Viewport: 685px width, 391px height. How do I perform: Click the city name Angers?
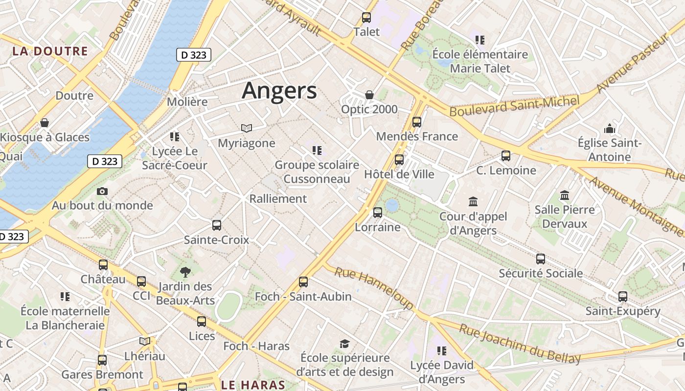[x=279, y=91]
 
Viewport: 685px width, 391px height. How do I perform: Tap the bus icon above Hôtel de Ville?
[x=399, y=160]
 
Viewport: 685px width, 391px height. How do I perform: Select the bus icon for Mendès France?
[x=417, y=122]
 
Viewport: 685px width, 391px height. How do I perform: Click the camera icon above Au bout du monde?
[x=102, y=191]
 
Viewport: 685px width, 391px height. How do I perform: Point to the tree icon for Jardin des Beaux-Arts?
[x=185, y=272]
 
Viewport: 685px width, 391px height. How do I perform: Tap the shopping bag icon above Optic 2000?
[x=369, y=95]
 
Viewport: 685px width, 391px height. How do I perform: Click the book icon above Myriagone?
[x=247, y=129]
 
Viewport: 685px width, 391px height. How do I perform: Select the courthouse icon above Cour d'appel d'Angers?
[x=473, y=201]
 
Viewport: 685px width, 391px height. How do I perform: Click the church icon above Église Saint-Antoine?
[x=610, y=129]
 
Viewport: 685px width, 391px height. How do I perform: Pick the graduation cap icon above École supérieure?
[x=345, y=344]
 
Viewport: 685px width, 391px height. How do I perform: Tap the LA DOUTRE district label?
[x=50, y=51]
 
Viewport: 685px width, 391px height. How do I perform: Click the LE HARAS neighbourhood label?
[x=253, y=385]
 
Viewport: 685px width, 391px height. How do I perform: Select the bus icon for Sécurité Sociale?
[x=541, y=259]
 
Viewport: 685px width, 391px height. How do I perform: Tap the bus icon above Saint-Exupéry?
[x=623, y=297]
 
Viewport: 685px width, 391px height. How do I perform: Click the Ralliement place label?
[x=278, y=199]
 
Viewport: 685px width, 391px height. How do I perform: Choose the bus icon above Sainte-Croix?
[x=217, y=225]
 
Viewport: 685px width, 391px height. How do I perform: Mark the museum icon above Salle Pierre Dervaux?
[x=565, y=195]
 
